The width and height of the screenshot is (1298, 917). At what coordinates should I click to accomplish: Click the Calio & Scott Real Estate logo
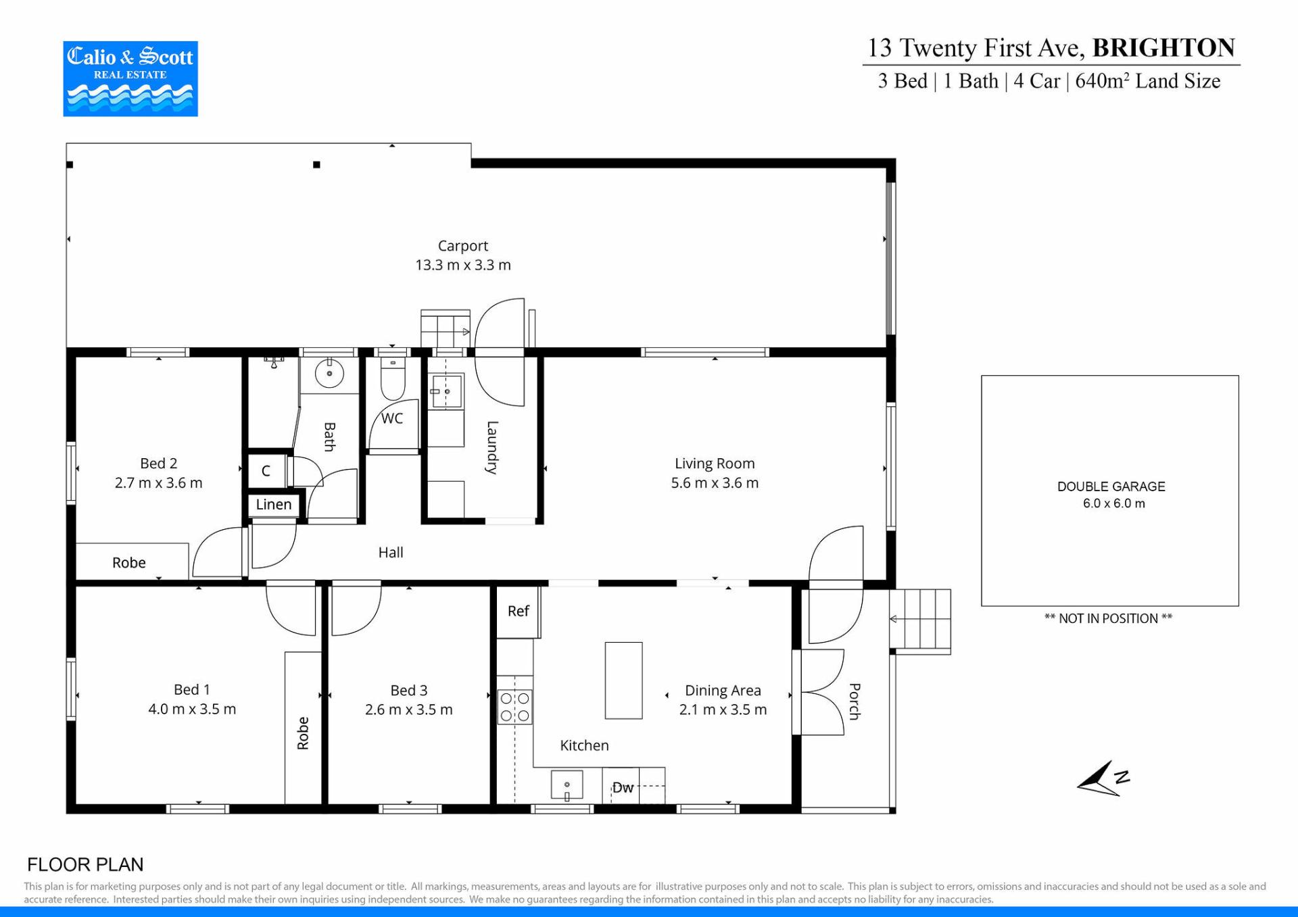[130, 78]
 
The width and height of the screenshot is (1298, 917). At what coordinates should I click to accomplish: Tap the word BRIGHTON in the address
[1163, 48]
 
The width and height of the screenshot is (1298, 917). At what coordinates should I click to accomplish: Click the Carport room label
[462, 246]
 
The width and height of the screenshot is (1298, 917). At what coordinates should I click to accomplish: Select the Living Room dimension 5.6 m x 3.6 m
[715, 483]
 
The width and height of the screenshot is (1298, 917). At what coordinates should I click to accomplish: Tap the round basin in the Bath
[329, 373]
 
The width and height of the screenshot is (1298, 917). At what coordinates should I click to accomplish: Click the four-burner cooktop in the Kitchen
[514, 707]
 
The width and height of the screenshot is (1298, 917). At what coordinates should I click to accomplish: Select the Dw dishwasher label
[623, 788]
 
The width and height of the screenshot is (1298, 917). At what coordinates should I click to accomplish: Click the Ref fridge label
[519, 611]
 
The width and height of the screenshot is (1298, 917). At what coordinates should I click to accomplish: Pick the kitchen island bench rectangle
[623, 680]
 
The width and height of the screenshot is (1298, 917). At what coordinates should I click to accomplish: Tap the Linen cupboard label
[274, 505]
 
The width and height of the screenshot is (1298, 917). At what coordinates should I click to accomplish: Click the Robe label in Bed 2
[129, 563]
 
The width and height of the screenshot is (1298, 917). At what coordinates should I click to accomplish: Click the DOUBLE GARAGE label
[1111, 487]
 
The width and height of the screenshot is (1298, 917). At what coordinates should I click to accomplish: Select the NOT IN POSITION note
[1109, 618]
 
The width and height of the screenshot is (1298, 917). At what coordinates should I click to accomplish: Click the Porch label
[855, 701]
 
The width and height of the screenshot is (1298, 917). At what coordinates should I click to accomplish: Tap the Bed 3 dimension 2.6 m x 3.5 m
[409, 710]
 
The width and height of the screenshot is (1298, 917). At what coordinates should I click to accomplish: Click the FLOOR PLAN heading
[85, 865]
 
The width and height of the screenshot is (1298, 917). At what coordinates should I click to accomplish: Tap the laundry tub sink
[447, 391]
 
